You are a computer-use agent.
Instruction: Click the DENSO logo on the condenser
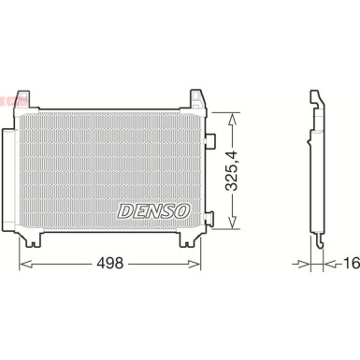click(x=154, y=209)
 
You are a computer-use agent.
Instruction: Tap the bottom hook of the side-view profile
click(x=320, y=244)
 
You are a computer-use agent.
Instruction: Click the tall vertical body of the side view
click(x=316, y=173)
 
